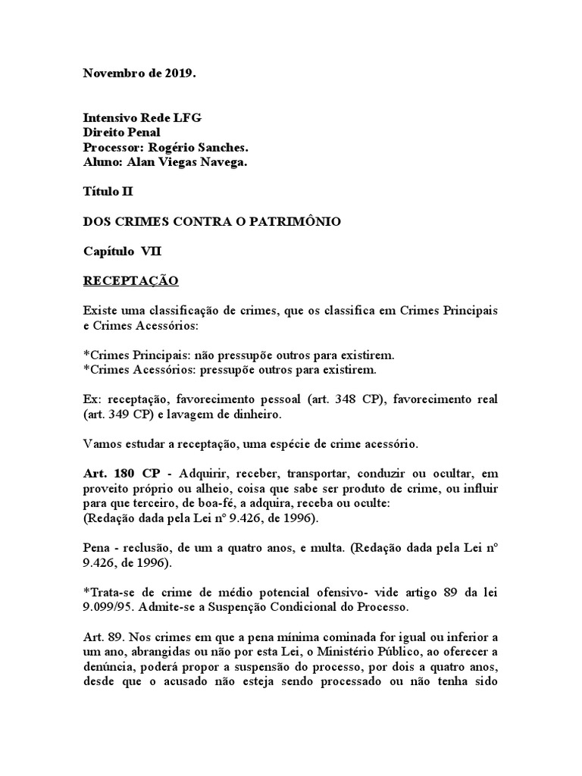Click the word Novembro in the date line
(x=110, y=73)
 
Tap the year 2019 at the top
(x=186, y=73)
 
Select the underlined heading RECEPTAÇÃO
(x=130, y=280)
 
